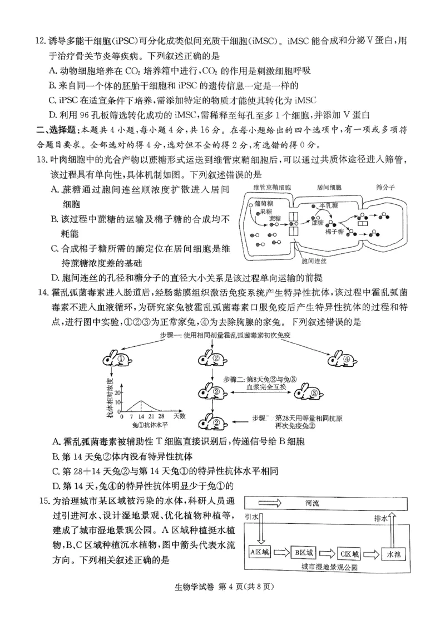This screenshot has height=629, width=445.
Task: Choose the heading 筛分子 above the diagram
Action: (x=385, y=188)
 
